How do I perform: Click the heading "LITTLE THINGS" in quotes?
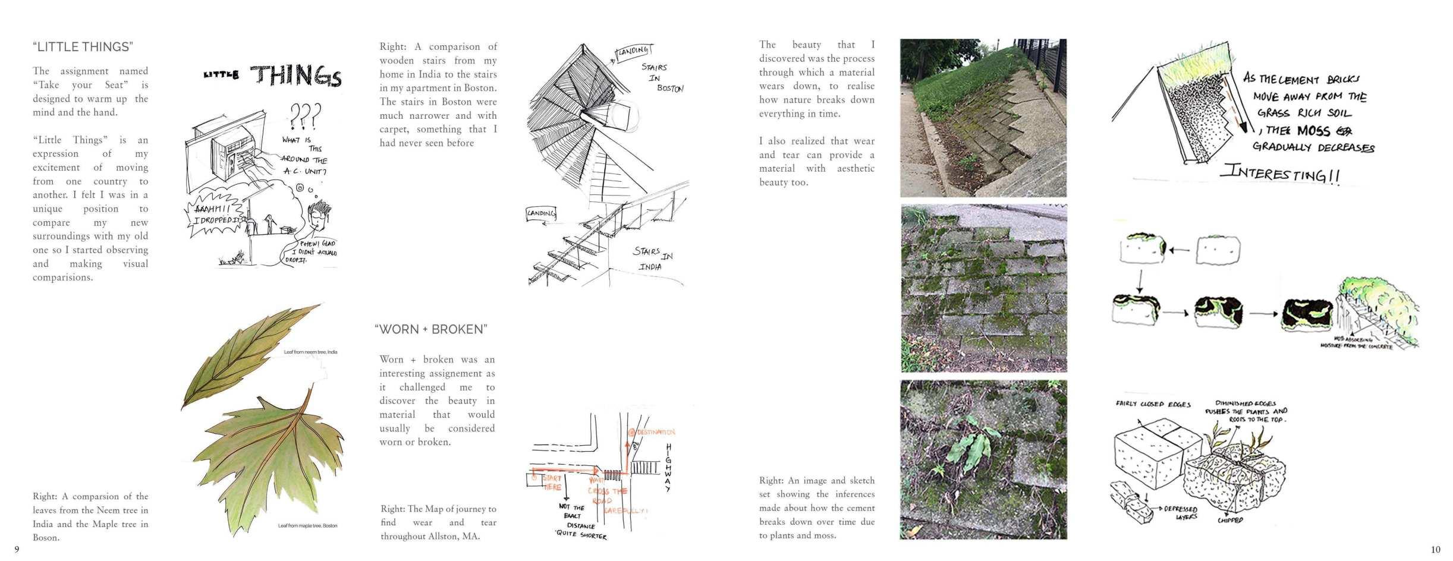tap(83, 47)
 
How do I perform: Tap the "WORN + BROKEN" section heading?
tap(431, 329)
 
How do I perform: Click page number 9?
tap(17, 550)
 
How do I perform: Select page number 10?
tap(1436, 550)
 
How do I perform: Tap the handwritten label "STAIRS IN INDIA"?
tap(652, 259)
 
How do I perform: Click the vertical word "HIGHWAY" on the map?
tap(668, 468)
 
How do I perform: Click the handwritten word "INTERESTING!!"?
tap(1280, 174)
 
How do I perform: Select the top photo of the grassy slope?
tap(983, 118)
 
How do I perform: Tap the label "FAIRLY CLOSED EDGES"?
tap(1153, 405)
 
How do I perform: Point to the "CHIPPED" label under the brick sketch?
tap(1230, 521)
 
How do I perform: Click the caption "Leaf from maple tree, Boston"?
tap(307, 526)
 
